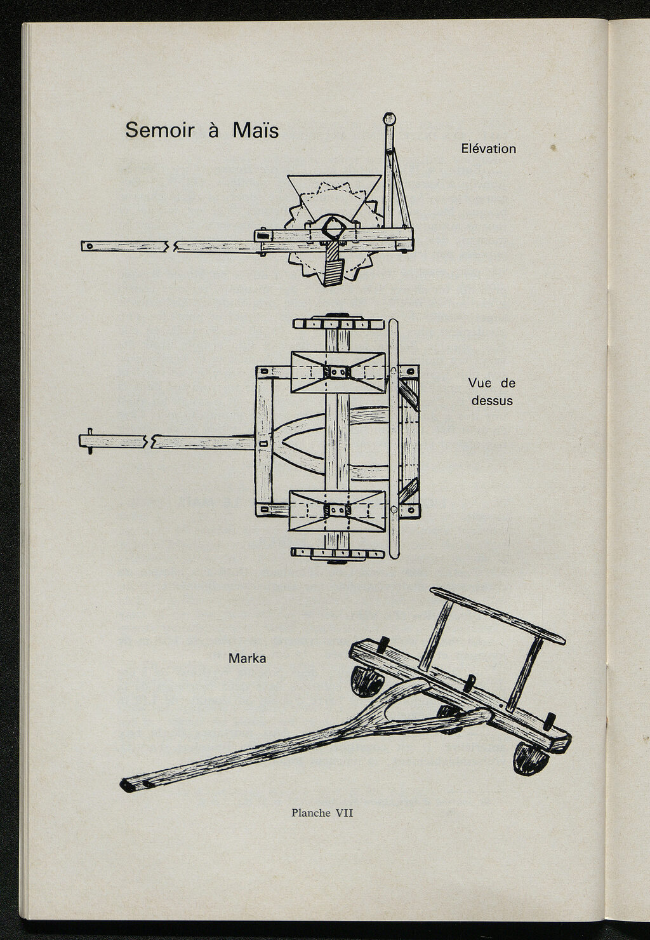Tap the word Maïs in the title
point(255,130)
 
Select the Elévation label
point(488,149)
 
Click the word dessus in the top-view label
point(491,401)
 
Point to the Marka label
point(247,659)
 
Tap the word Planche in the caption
point(311,813)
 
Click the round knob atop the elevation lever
point(389,119)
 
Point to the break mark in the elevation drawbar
point(170,246)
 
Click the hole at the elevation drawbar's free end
point(90,246)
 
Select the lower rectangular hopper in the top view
point(336,510)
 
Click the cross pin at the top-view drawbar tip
point(90,440)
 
